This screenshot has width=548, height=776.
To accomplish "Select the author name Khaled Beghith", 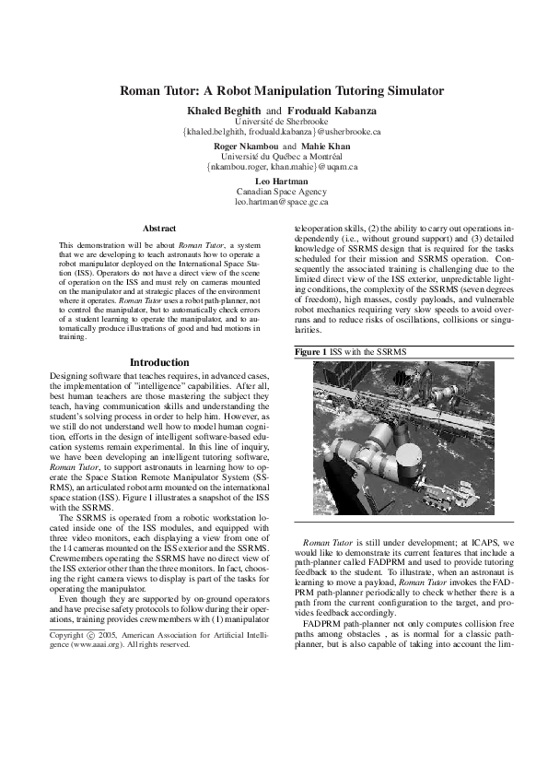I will coord(219,111).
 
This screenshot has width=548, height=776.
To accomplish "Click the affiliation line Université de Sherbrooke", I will coord(274,121).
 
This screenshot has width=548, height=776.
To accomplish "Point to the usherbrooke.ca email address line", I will coord(274,132).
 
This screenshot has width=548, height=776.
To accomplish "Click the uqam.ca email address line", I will coord(274,167).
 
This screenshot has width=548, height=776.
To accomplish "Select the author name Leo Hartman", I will coord(274,181).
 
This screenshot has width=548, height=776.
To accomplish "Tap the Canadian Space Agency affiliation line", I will coord(274,191).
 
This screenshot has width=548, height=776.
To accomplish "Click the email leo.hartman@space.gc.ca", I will coord(274,201).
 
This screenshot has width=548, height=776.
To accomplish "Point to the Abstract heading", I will coord(160,227).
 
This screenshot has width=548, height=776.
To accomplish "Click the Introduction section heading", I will coord(160,362).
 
